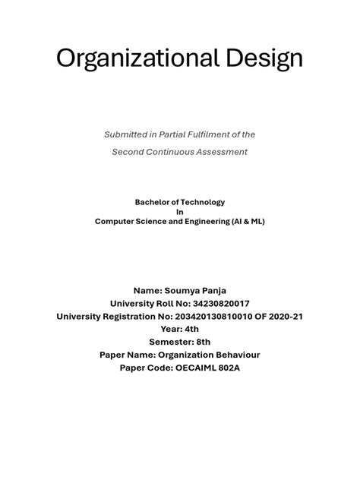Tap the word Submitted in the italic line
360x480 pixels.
click(x=126, y=134)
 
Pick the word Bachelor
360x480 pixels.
click(x=153, y=202)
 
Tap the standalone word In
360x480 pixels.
click(x=180, y=212)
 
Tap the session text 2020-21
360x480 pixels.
click(x=284, y=317)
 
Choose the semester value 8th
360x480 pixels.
click(x=201, y=343)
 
